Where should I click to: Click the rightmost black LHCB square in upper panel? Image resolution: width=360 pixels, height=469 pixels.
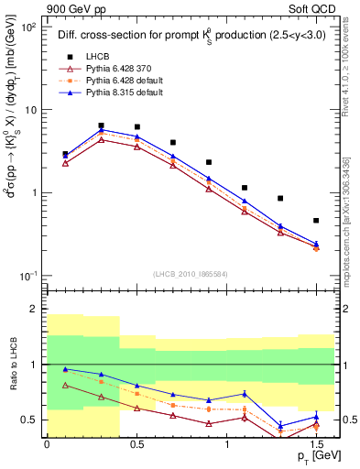tap(316, 221)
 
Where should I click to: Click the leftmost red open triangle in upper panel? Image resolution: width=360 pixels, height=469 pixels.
tap(65, 163)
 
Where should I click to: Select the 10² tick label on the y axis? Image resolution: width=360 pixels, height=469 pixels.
tap(28, 27)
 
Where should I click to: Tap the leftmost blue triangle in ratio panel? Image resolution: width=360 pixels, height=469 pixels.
tap(65, 369)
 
